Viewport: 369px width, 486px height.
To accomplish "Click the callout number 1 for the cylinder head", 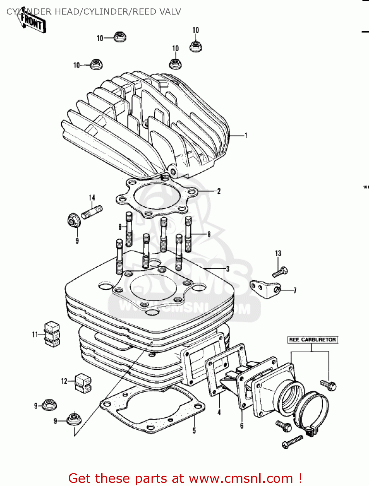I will pos(246,135).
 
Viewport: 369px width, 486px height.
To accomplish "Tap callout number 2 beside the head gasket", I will pos(219,191).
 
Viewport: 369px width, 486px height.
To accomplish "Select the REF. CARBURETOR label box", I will pos(312,340).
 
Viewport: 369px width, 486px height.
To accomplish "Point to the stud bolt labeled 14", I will pos(92,212).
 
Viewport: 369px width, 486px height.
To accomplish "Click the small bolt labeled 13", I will pos(280,272).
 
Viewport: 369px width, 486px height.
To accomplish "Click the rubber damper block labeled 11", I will pos(52,334).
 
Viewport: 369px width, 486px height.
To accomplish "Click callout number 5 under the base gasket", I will pos(194,430).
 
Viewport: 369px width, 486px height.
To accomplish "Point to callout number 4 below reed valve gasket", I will pos(219,412).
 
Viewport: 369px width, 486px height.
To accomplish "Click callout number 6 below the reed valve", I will pos(242,425).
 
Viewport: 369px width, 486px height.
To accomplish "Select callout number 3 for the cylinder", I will pos(228,269).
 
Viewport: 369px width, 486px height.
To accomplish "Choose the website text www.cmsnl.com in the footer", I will pos(241,478).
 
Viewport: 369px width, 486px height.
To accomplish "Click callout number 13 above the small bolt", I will pos(278,253).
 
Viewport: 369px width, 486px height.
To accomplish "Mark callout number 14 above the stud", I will pos(92,198).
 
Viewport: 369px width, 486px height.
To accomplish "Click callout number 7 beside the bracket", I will pos(295,290).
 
